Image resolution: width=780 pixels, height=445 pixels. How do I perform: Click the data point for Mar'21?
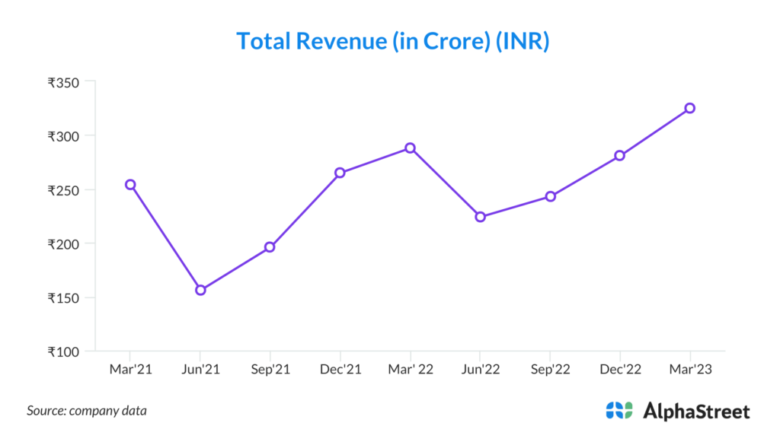[x=130, y=185]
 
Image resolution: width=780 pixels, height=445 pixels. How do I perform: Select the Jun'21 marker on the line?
[x=200, y=290]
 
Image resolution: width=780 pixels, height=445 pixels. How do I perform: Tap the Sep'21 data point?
[x=270, y=247]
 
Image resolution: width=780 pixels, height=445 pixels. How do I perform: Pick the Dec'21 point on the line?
[x=340, y=173]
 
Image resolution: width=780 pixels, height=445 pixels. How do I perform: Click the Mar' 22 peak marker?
[x=410, y=148]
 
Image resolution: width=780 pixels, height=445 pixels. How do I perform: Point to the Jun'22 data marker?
[x=480, y=217]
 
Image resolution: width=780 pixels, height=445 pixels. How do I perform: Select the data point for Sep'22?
[x=550, y=196]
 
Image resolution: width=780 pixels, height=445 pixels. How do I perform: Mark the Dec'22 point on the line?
[x=620, y=155]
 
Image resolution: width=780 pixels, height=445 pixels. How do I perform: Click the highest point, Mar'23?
[x=689, y=108]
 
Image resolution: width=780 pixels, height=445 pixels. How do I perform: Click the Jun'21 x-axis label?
[x=200, y=370]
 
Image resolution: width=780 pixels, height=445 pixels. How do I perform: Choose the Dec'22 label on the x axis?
[x=620, y=370]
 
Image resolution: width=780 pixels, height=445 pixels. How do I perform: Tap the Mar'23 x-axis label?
[x=689, y=370]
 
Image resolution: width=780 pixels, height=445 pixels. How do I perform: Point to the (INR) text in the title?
[x=523, y=41]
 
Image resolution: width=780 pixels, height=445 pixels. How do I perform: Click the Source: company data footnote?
[x=87, y=411]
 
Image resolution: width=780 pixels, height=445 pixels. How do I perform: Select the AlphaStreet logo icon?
[x=619, y=411]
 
